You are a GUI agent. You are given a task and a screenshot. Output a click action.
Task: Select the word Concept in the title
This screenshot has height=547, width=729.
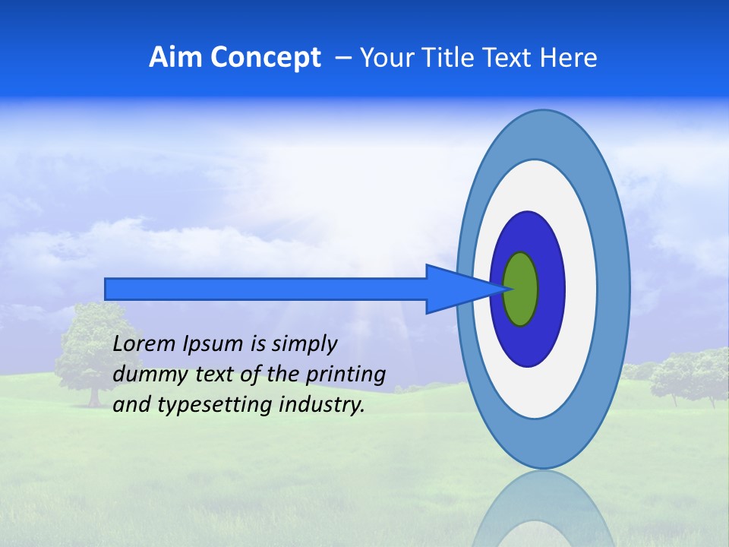coord(265,58)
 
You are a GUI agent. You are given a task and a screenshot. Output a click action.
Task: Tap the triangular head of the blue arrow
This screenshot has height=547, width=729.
coord(456,289)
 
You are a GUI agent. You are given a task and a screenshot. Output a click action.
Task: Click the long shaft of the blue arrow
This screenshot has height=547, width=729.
coord(266,289)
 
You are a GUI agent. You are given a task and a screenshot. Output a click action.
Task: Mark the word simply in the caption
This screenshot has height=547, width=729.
coord(304,345)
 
